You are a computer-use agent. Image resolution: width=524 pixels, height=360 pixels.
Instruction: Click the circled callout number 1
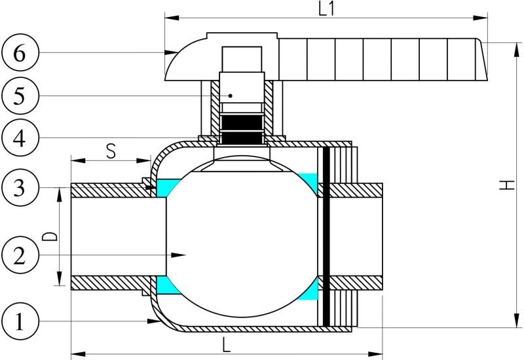(x=20, y=321)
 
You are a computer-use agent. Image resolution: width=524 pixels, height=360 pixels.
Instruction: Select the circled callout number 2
(x=20, y=255)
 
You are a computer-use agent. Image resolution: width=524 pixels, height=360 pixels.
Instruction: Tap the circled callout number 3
(x=20, y=187)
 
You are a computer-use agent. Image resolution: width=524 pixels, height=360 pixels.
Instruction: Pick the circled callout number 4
(x=20, y=137)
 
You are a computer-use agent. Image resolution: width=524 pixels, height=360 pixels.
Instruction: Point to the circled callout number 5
(x=20, y=96)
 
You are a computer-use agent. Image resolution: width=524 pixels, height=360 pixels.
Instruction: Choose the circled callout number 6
(x=20, y=52)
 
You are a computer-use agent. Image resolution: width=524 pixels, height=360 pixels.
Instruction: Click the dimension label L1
(x=326, y=9)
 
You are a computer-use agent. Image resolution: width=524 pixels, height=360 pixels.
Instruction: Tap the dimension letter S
(x=111, y=151)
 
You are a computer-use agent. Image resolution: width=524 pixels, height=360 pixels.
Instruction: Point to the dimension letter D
(x=50, y=236)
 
